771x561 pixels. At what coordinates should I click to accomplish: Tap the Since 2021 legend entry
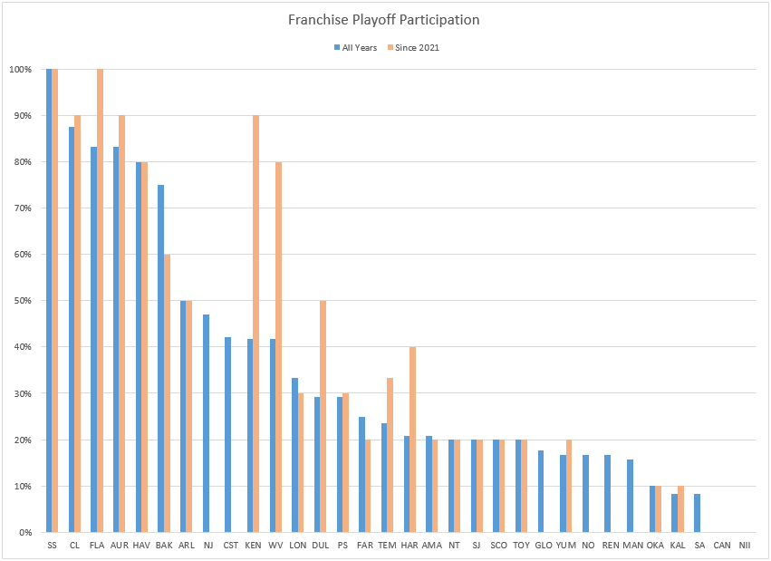(416, 47)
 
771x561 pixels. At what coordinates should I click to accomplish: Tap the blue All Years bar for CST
(228, 435)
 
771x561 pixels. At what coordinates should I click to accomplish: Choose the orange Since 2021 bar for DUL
(323, 417)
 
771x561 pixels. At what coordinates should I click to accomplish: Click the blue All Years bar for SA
(698, 513)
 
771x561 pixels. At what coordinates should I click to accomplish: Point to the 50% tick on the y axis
(21, 301)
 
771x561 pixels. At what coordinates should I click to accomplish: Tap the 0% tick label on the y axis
(24, 533)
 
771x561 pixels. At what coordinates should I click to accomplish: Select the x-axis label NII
(744, 545)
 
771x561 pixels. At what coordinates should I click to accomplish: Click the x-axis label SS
(52, 545)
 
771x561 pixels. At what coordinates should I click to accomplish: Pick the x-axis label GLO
(544, 545)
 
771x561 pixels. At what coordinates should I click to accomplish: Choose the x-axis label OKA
(655, 545)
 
